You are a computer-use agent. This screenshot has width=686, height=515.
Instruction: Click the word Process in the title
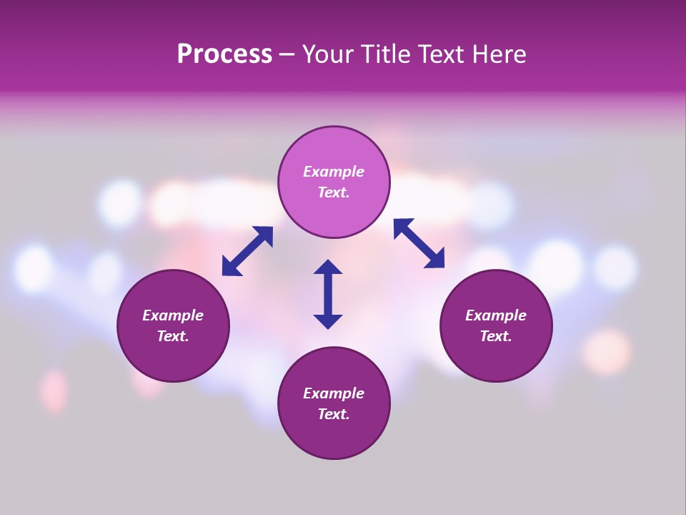click(x=224, y=54)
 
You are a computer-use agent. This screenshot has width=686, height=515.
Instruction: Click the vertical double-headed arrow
click(x=328, y=294)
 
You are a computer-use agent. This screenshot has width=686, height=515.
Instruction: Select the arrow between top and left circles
click(x=247, y=251)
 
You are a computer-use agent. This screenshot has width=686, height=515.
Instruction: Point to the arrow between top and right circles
click(x=419, y=243)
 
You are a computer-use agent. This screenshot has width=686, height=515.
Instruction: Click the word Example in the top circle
click(x=334, y=172)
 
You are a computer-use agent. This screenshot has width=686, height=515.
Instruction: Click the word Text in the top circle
click(x=334, y=192)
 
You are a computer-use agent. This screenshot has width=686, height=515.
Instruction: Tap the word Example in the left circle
click(x=173, y=315)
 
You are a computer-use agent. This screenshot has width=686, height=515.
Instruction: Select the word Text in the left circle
click(x=173, y=336)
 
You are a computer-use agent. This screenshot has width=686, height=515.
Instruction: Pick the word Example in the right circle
click(x=496, y=315)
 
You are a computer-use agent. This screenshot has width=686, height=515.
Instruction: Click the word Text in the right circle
click(x=496, y=336)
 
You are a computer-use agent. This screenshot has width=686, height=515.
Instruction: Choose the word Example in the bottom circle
click(x=334, y=393)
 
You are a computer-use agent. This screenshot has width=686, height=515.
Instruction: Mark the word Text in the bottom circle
click(x=334, y=414)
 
